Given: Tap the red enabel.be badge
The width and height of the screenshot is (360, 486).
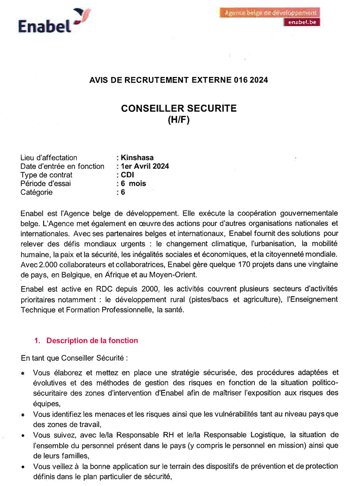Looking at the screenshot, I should tap(302, 22).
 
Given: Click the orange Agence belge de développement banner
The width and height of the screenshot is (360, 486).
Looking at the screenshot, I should tap(270, 13).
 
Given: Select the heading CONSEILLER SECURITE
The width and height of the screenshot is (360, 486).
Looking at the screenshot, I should tap(179, 108).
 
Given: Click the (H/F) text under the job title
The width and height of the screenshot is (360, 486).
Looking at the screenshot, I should tap(179, 119).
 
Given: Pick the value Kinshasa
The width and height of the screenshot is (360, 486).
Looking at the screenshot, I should tap(137, 157).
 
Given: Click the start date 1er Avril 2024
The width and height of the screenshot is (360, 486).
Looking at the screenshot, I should tap(145, 166).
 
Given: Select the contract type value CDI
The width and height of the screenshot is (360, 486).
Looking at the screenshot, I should tap(127, 175).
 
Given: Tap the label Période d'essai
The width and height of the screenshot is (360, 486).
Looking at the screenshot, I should tap(46, 183).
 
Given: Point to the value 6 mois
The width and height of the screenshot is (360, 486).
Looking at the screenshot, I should tap(133, 183).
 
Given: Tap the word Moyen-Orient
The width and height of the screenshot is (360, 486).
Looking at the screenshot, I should tap(169, 274).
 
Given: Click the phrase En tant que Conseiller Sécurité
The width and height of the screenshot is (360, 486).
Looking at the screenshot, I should tap(71, 358).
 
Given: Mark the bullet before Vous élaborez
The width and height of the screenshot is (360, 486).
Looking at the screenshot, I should tap(23, 374).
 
